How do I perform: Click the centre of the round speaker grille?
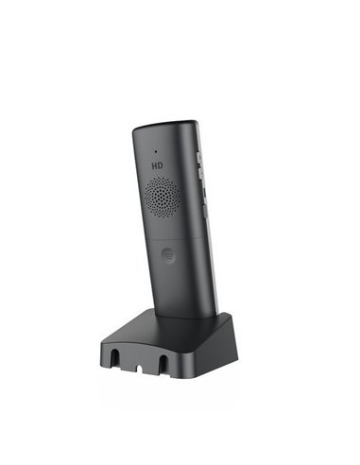point(162,196)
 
